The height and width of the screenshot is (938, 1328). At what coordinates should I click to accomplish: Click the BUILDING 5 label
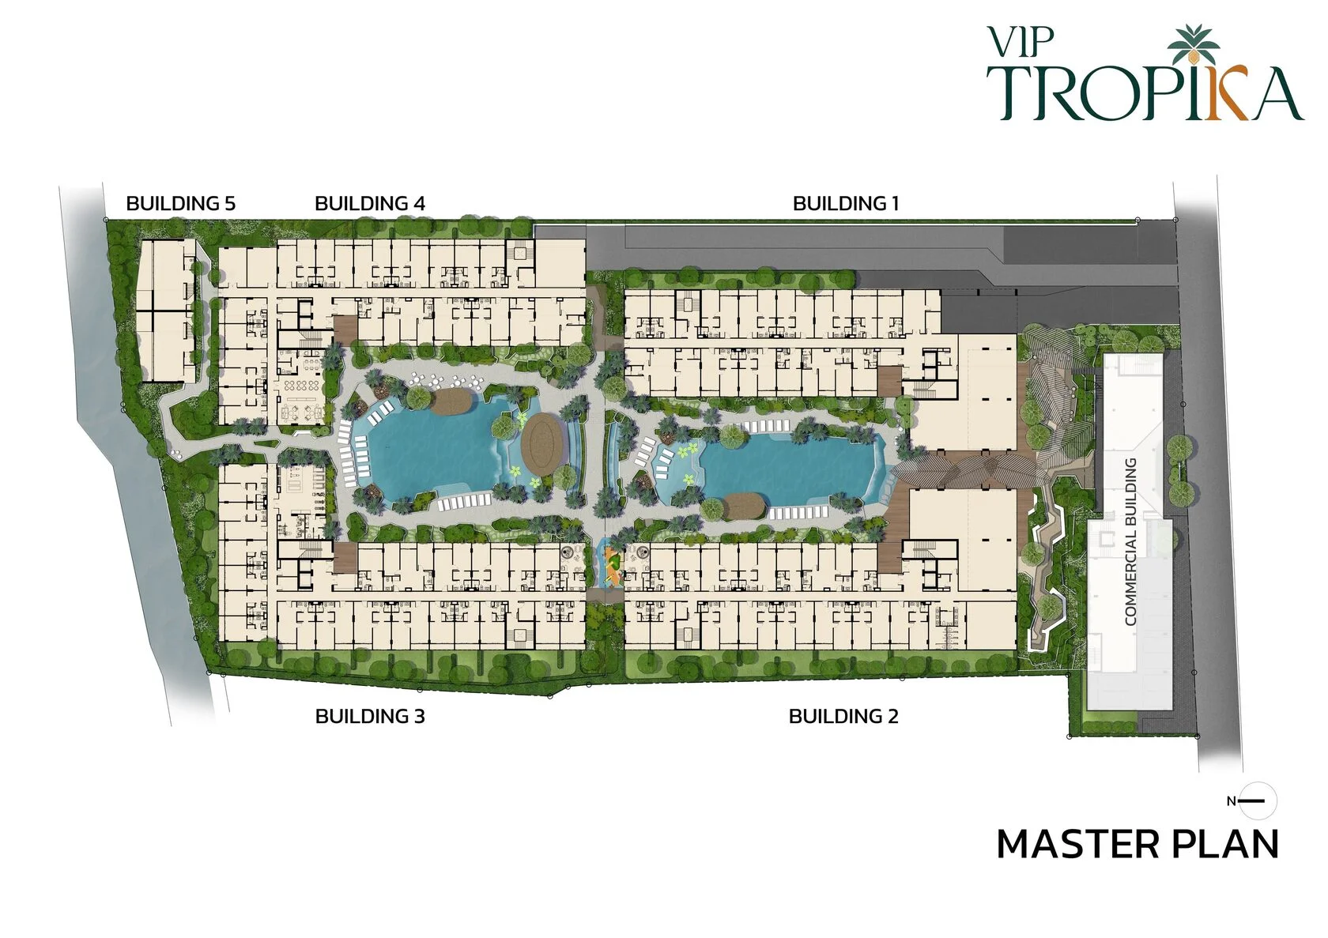coord(181,203)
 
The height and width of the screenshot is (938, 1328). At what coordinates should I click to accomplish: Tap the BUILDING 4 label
coord(370,203)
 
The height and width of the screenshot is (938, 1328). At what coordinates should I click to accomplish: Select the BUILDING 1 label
coord(846,203)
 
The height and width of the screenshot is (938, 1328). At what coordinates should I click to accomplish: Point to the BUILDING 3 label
coord(370,716)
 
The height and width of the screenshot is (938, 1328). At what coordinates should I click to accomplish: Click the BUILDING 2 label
coord(843,716)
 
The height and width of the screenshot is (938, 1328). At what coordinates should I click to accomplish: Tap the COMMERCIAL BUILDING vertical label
coord(1130,541)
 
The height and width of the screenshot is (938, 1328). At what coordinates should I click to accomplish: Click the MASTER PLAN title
coord(1137,845)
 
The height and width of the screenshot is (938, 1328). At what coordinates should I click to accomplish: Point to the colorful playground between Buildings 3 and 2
coord(613,567)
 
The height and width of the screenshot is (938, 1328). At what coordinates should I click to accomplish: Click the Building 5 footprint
coord(167,311)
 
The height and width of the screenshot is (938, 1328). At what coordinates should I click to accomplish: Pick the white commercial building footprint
coord(1130,531)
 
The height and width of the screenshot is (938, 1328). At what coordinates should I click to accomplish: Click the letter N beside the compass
coord(1232,801)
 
